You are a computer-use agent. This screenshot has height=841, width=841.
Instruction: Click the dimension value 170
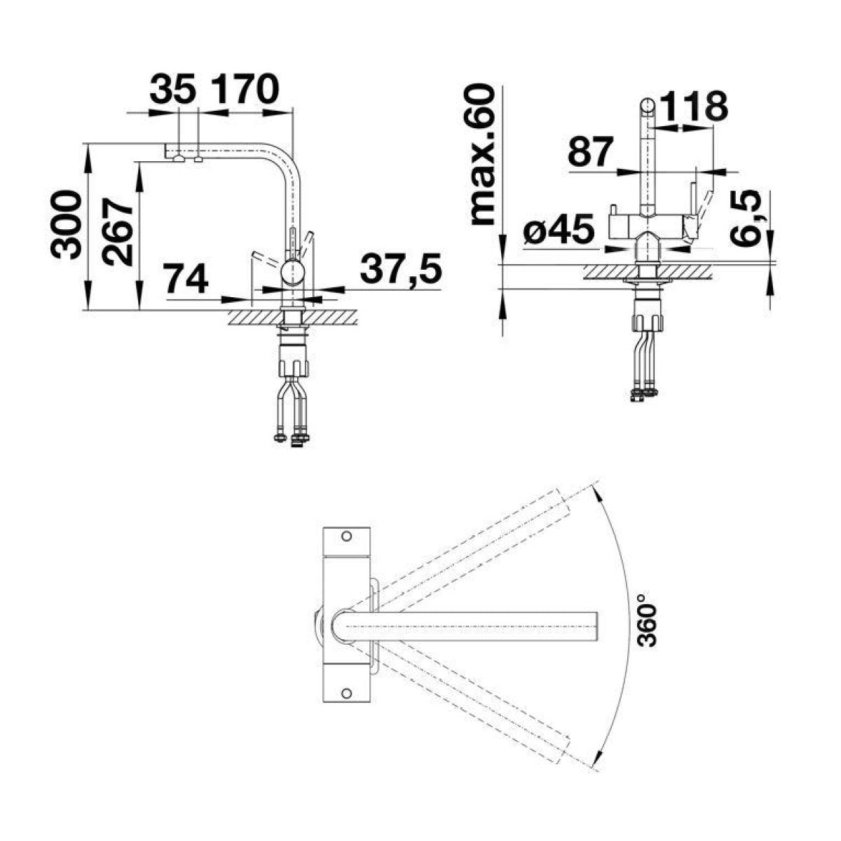(x=246, y=88)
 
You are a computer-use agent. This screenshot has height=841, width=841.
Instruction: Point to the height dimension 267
(x=117, y=232)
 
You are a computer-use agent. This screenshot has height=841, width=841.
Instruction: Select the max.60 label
(x=483, y=156)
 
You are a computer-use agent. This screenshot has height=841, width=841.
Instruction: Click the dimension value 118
(x=692, y=106)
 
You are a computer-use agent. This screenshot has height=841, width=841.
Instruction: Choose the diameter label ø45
(x=559, y=228)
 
